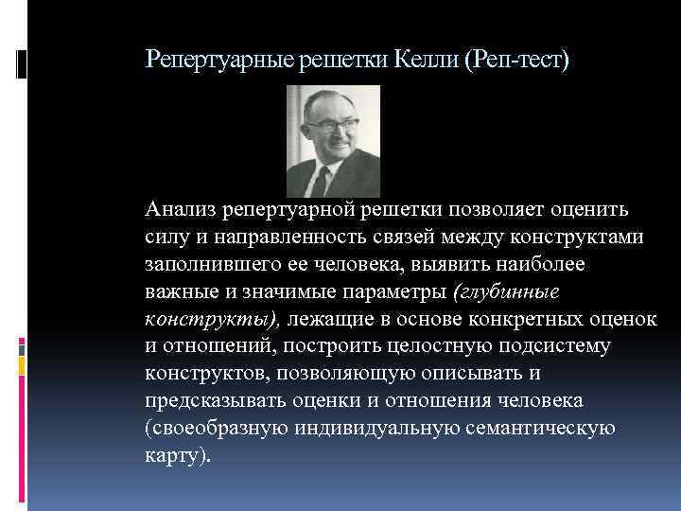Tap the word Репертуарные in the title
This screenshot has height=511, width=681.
pyautogui.click(x=219, y=61)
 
